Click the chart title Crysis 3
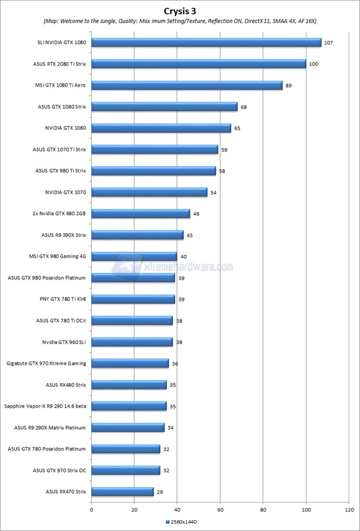(180, 10)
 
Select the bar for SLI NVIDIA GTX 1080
(206, 42)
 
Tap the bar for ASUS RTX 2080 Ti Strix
(199, 64)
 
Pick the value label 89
(289, 86)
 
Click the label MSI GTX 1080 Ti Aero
(58, 86)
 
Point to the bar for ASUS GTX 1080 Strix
(164, 107)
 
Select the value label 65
(237, 128)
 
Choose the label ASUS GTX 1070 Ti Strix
(60, 149)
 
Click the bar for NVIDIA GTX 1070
(149, 192)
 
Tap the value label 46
(196, 214)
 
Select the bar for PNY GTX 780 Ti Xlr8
(133, 299)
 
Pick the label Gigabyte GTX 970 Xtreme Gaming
(46, 363)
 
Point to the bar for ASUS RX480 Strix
(129, 385)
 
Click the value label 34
(171, 428)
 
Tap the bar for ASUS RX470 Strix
(122, 492)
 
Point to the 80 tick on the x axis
(263, 510)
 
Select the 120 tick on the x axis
(349, 510)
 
